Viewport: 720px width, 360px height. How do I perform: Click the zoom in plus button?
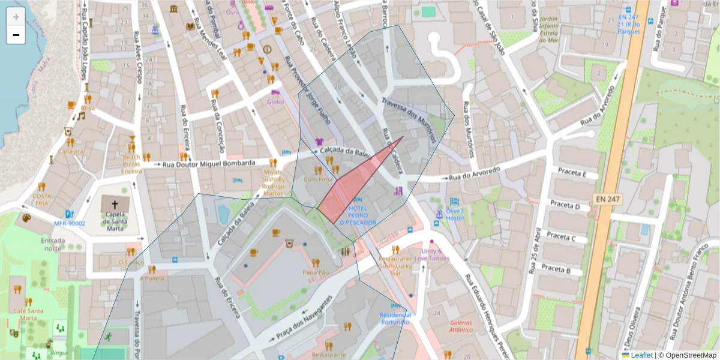[16, 16]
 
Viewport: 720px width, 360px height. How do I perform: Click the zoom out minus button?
[16, 35]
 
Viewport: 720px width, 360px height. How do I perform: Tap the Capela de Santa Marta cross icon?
[115, 204]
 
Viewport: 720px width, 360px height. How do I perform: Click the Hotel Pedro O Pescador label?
[358, 215]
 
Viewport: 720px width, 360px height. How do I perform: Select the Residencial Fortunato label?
[394, 318]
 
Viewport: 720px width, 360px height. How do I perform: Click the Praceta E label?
[572, 173]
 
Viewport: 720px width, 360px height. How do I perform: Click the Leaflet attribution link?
[641, 355]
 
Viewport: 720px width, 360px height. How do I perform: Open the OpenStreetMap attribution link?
[690, 355]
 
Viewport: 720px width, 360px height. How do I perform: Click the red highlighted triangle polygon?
[348, 192]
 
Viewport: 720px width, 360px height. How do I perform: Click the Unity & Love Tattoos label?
[431, 254]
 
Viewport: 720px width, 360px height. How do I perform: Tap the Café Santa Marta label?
[28, 311]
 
